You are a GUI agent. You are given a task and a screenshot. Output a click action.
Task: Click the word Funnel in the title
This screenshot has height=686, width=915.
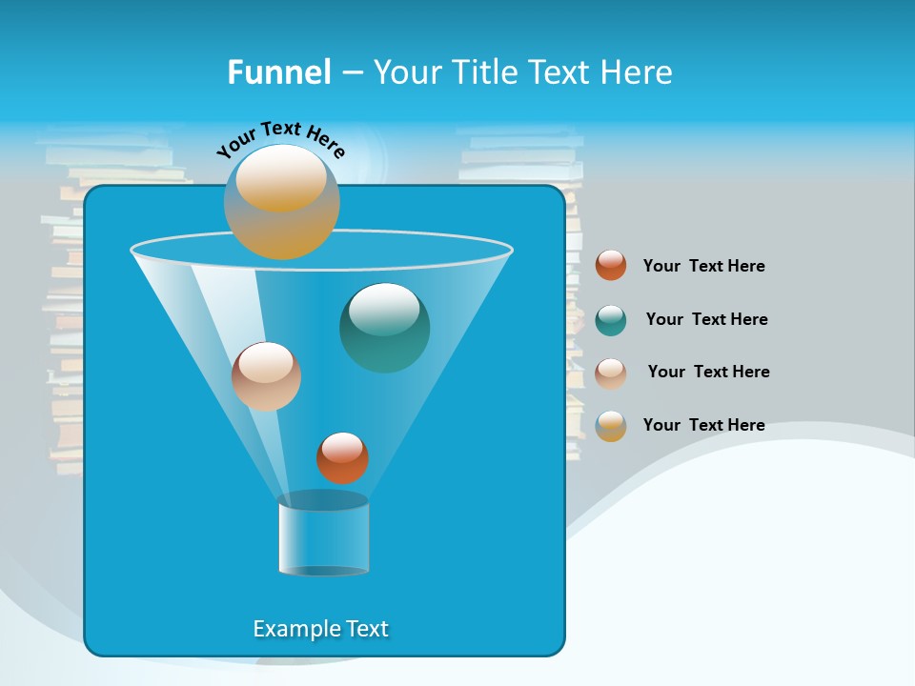click(x=278, y=72)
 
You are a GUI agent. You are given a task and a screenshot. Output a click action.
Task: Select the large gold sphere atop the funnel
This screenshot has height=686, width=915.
click(x=282, y=201)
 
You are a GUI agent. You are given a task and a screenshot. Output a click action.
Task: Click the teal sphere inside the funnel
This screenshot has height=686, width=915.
click(x=384, y=328)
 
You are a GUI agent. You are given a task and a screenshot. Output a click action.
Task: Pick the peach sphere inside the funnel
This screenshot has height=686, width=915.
click(x=266, y=376)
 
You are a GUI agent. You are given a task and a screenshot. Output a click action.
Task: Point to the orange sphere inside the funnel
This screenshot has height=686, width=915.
click(x=342, y=457)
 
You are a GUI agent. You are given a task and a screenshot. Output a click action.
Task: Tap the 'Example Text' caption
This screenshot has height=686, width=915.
click(x=320, y=629)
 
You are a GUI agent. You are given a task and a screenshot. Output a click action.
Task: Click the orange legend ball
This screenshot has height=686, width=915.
click(x=611, y=265)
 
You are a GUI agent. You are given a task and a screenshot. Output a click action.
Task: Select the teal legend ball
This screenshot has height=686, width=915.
click(x=611, y=320)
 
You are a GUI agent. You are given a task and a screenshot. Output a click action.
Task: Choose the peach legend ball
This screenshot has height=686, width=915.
click(x=611, y=373)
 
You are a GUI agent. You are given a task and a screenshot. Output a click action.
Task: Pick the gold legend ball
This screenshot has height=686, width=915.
click(x=611, y=426)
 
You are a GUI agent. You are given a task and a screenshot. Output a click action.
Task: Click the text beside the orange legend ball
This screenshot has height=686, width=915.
click(x=703, y=266)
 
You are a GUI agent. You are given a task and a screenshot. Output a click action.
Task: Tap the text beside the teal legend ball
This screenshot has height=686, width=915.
click(x=706, y=319)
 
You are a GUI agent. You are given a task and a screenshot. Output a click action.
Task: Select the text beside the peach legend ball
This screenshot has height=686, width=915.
click(x=708, y=372)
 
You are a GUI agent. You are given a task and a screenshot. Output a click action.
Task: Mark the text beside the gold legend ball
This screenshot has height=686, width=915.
click(x=703, y=425)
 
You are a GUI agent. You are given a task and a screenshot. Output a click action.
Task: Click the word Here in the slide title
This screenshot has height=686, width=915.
click(x=639, y=72)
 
